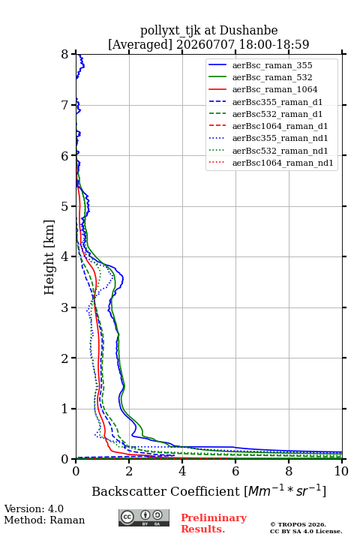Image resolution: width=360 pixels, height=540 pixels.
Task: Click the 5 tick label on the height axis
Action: [x=65, y=206]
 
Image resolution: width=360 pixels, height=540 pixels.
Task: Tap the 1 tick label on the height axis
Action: [x=65, y=409]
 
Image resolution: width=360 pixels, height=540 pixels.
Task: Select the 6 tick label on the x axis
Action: [x=235, y=471]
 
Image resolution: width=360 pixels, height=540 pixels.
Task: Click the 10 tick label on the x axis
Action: [x=341, y=471]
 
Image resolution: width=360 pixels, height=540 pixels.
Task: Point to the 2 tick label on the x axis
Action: [x=129, y=471]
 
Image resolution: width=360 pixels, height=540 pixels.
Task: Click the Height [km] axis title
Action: [x=49, y=257]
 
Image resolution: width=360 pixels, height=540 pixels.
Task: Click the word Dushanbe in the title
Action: [x=248, y=30]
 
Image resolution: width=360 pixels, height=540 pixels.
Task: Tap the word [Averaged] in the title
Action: [x=140, y=44]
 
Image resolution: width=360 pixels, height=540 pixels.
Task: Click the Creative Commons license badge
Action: [x=144, y=518]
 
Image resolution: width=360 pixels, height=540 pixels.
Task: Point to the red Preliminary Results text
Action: [x=214, y=523]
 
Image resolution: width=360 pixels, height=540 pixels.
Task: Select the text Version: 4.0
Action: [x=34, y=508]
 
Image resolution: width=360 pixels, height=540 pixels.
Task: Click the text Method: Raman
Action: [x=44, y=520]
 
